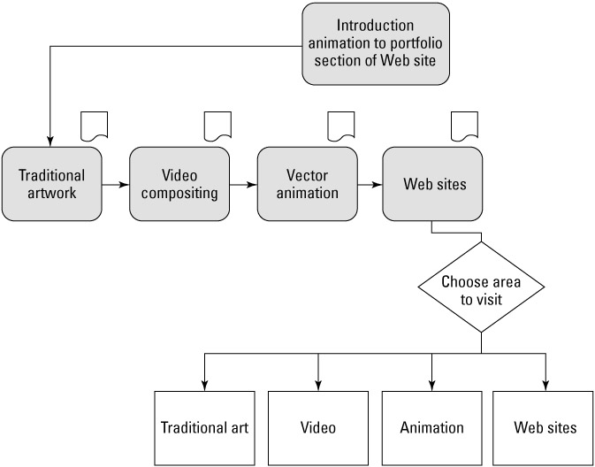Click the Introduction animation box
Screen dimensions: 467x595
[375, 42]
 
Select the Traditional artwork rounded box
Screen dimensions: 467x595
[51, 184]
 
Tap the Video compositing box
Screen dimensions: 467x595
[179, 184]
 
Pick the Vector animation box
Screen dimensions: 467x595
[306, 184]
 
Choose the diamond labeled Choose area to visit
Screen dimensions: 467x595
[482, 291]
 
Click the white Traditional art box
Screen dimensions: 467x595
[204, 428]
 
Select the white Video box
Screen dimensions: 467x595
[317, 428]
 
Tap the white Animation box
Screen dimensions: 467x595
[431, 428]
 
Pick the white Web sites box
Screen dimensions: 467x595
[545, 428]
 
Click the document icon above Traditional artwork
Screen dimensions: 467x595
[94, 126]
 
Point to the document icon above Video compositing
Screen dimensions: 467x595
[217, 126]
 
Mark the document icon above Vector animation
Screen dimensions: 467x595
[341, 126]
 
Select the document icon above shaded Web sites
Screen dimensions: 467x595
[465, 126]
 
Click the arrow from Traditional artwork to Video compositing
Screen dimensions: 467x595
[115, 185]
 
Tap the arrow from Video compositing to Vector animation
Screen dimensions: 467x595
[242, 185]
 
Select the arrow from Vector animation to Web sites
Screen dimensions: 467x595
[370, 185]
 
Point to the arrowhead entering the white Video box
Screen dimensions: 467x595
[317, 383]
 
